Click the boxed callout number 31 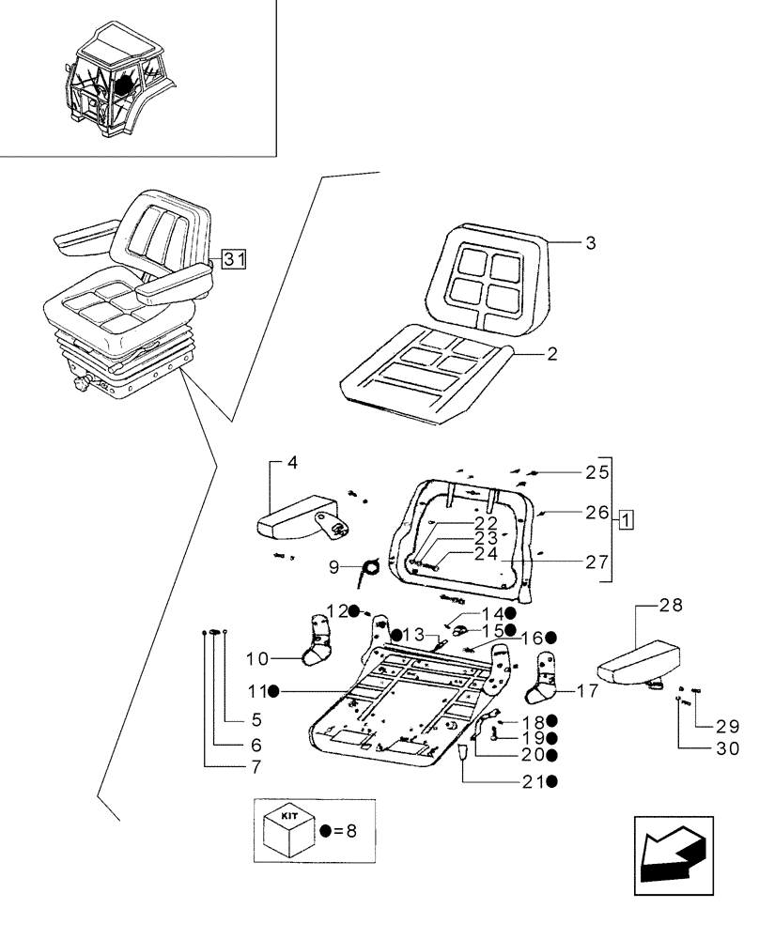pos(234,260)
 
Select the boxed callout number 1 pos(627,517)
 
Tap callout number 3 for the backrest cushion pos(590,243)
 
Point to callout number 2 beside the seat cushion pos(552,354)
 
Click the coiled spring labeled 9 pos(372,565)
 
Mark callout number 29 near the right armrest pos(728,727)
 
